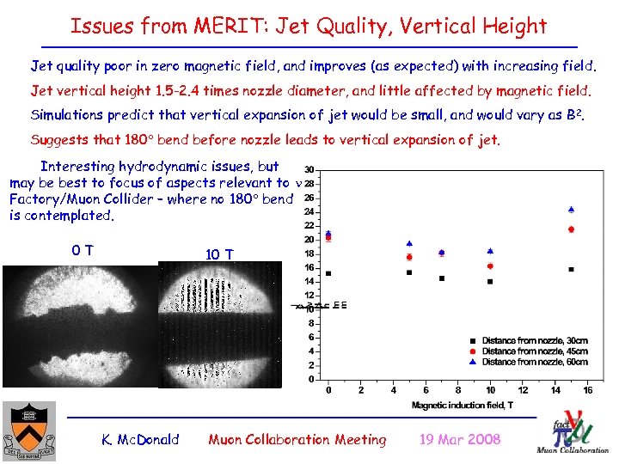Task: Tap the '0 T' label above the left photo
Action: click(83, 251)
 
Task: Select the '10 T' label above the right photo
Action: click(218, 254)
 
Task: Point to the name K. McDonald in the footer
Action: click(140, 440)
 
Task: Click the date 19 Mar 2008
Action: click(459, 440)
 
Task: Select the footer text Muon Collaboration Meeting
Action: click(297, 440)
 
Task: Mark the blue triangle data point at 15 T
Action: click(572, 209)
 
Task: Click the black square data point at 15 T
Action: click(572, 269)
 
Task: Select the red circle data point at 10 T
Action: click(490, 266)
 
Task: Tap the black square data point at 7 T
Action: click(442, 278)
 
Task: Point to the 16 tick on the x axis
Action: click(587, 390)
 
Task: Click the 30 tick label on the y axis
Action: click(308, 169)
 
